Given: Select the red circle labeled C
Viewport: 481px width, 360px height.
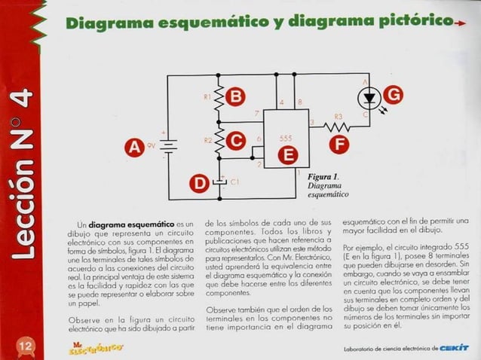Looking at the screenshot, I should (236, 140).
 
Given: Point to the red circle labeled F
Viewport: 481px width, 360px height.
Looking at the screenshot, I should (342, 142).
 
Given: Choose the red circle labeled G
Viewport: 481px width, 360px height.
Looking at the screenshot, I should (393, 94).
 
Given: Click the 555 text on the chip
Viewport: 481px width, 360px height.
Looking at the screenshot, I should (286, 139).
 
